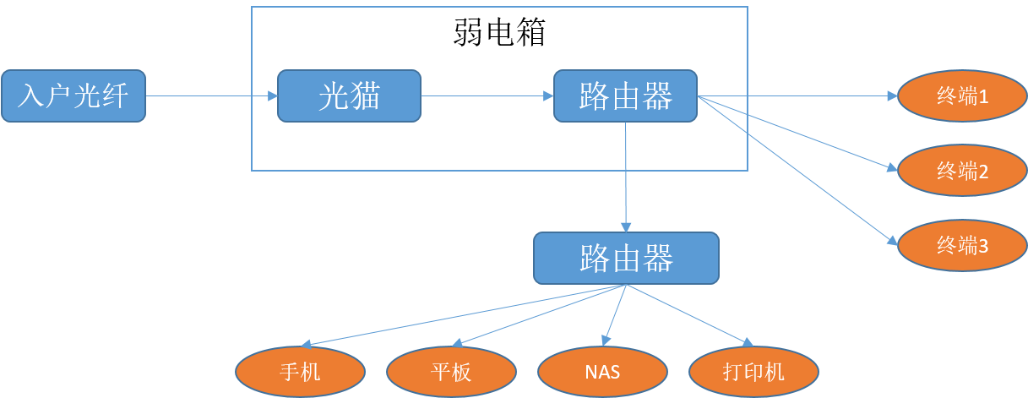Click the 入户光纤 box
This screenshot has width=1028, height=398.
(x=73, y=96)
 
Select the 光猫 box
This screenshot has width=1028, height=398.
(x=349, y=96)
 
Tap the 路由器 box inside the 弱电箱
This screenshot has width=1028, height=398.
(x=625, y=95)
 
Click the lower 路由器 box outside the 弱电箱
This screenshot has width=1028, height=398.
(x=626, y=258)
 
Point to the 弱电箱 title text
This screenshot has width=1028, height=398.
(x=498, y=33)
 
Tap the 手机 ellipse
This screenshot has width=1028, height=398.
(x=300, y=372)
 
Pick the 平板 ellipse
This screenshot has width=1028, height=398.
(x=451, y=372)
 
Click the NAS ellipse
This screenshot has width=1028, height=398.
(x=602, y=372)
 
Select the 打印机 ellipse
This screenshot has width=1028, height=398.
(x=753, y=372)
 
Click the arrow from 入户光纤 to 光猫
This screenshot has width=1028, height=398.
(x=211, y=96)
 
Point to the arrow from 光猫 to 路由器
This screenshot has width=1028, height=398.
(x=487, y=96)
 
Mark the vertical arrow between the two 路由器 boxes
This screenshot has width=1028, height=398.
(x=626, y=177)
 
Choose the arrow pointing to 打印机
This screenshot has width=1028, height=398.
(x=688, y=315)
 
